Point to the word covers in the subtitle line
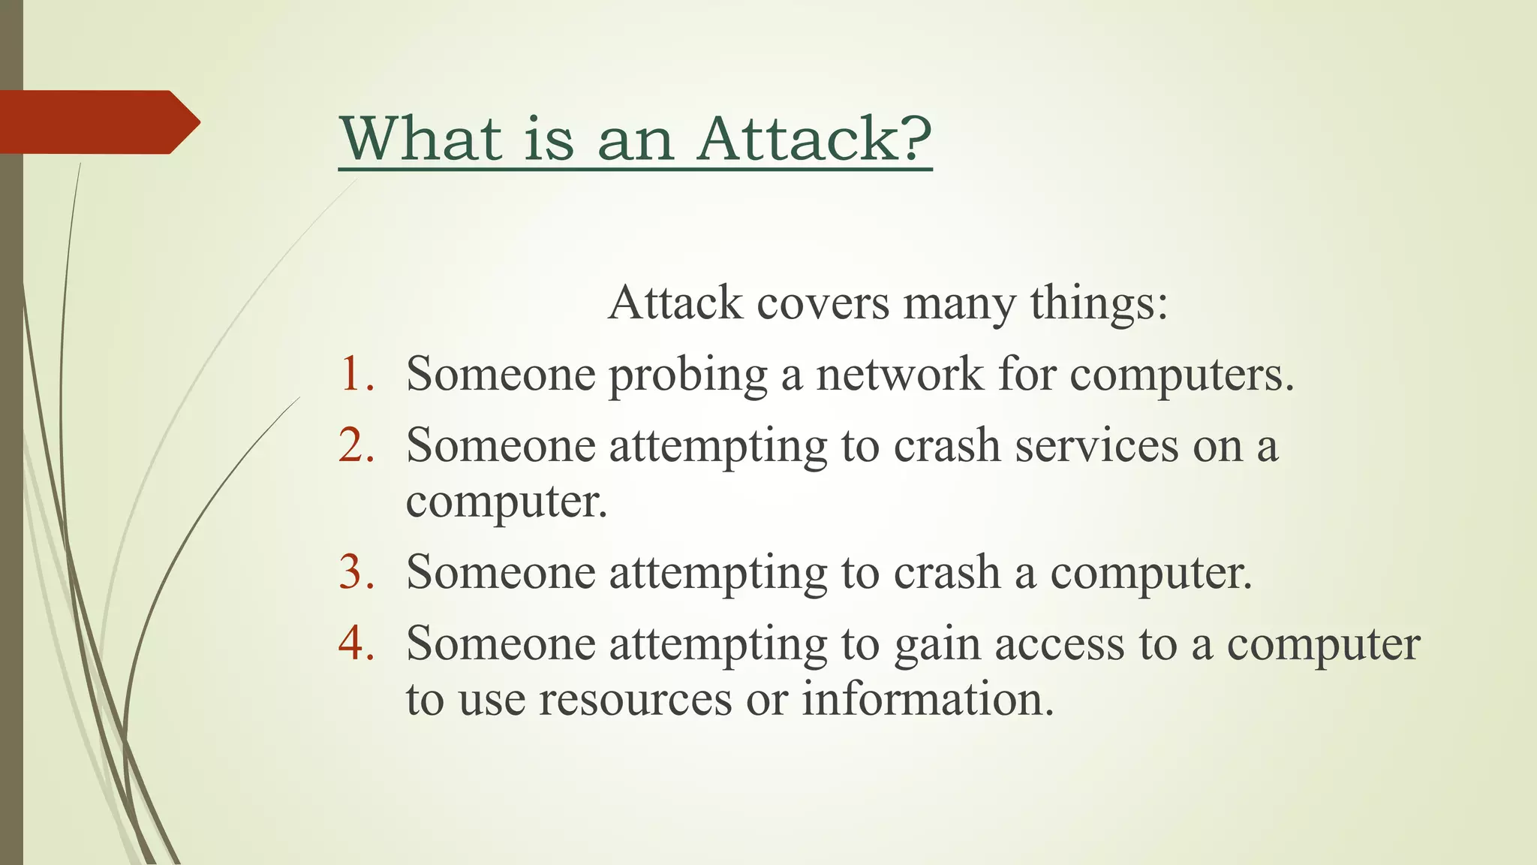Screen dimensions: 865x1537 822,303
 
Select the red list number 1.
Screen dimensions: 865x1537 357,373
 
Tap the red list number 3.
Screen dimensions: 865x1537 357,571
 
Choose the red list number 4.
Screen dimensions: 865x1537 357,643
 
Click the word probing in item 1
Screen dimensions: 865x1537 687,375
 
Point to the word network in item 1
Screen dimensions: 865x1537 899,373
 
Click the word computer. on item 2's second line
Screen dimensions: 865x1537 507,502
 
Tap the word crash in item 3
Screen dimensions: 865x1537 946,572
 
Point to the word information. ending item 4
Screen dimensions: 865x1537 928,698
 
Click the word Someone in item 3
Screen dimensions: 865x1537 501,572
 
